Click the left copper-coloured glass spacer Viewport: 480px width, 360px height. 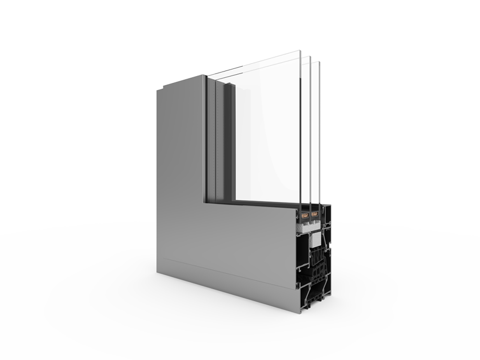pos(305,213)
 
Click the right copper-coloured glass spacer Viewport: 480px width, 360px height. pos(315,213)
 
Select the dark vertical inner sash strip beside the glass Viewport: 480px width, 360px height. pos(229,141)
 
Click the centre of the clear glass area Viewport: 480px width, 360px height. pos(266,130)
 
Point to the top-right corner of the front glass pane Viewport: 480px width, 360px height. pos(301,51)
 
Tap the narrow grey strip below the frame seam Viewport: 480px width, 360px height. pos(230,282)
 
